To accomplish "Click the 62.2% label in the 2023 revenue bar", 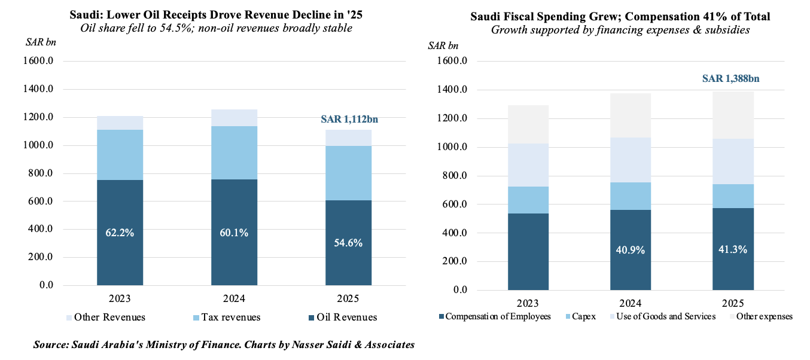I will (120, 233).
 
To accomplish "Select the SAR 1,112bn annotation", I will (349, 120).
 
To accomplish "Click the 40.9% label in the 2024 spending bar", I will (631, 250).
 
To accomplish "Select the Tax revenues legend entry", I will (228, 318).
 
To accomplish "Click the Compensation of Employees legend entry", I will (494, 316).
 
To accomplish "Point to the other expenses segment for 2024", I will (631, 115).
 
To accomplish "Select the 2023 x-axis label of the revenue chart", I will (120, 298).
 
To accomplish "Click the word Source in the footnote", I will (51, 344).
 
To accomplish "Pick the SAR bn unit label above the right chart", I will (443, 46).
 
